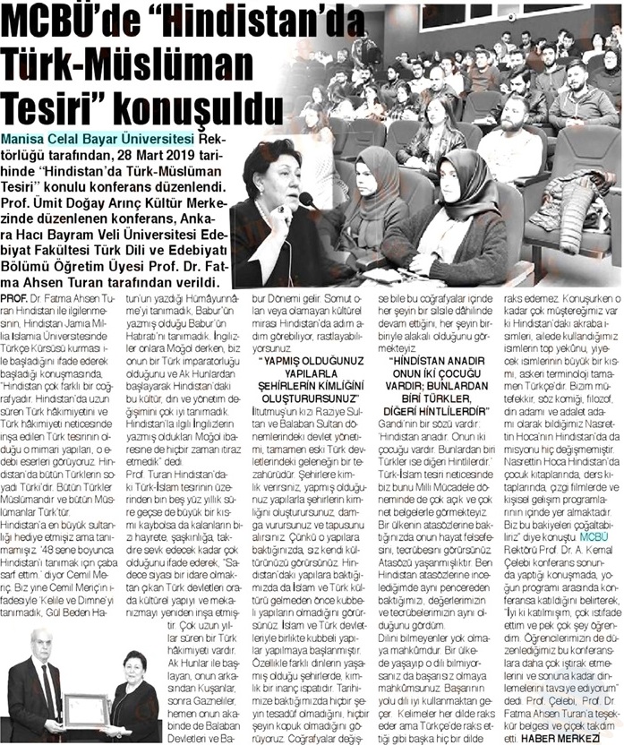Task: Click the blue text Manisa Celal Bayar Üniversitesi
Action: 98,141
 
